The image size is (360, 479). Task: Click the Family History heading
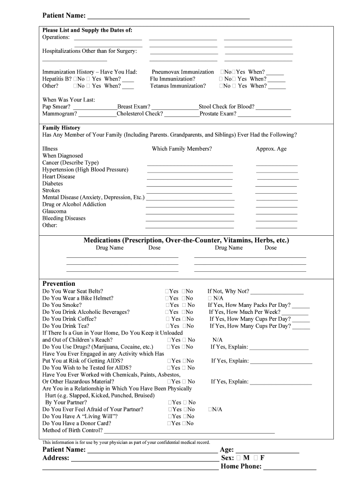coord(61,128)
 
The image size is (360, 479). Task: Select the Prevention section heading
coord(59,283)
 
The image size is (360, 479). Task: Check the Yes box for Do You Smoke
coord(167,305)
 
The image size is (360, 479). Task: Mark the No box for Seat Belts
coord(184,291)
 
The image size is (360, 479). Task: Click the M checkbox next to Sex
coord(239,458)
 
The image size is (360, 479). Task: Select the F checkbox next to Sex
coord(256,458)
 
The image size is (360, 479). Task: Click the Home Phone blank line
coord(290,467)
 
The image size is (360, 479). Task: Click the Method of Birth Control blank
coord(189,431)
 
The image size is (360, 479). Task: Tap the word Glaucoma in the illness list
coord(54,211)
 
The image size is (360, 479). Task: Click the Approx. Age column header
coord(271,149)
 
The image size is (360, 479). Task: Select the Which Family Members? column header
coord(182,149)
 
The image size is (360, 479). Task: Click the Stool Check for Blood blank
coord(274,107)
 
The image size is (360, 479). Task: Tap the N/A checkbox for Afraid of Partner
coord(210,410)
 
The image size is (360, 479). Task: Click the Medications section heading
coord(186,240)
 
